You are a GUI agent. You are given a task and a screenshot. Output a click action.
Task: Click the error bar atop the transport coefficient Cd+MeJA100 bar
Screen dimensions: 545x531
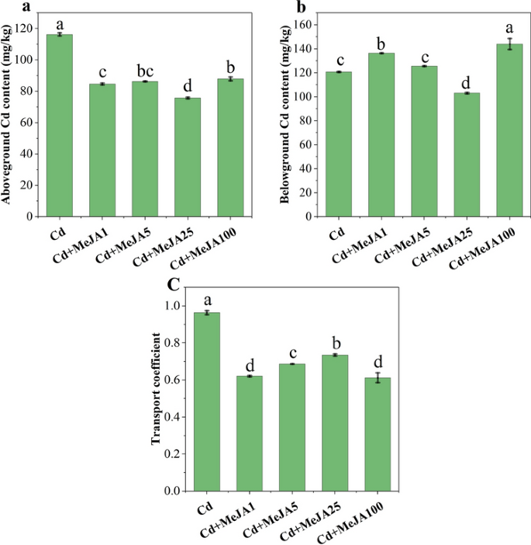(378, 378)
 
